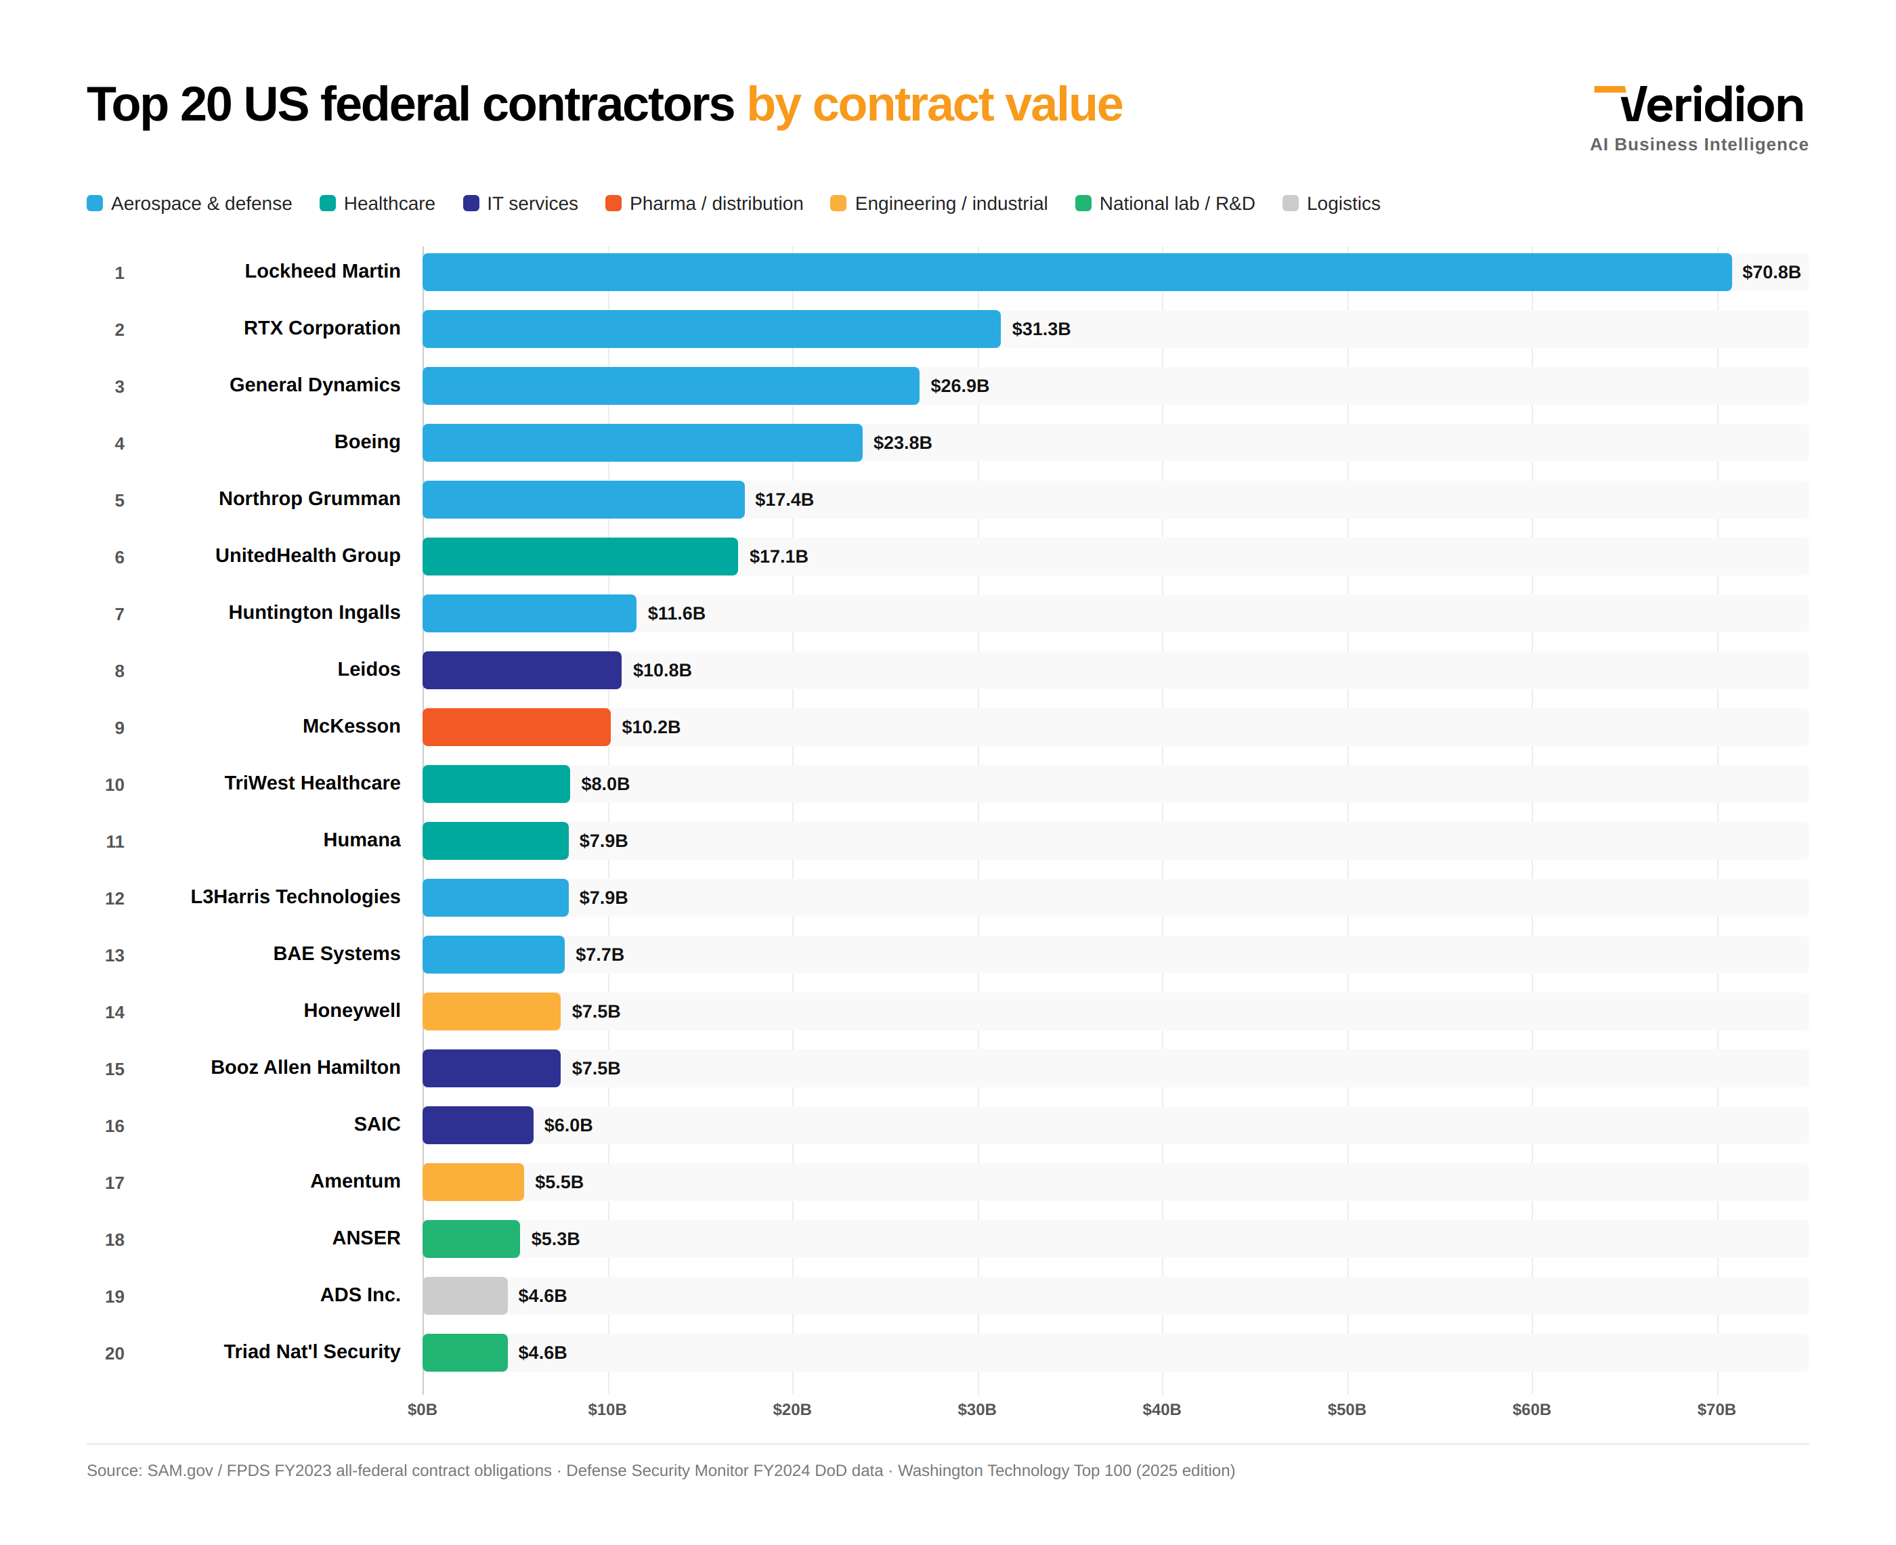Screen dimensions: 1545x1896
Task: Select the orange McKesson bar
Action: [x=515, y=727]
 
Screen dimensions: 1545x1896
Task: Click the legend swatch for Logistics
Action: [x=1290, y=204]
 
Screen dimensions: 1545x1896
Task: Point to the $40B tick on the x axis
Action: [x=1161, y=1409]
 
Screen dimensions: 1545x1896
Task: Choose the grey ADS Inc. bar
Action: [x=465, y=1296]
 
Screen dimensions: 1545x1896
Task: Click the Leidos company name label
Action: [x=368, y=670]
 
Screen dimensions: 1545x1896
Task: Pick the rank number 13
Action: [x=115, y=955]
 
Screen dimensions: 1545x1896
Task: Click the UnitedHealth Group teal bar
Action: [x=580, y=557]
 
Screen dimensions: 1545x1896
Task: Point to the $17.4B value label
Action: [x=783, y=499]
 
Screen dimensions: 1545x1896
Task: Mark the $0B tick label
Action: [x=422, y=1409]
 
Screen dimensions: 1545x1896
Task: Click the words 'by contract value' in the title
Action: [x=934, y=105]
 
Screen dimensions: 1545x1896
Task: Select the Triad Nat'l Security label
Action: [x=311, y=1352]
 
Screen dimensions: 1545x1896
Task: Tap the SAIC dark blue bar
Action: [x=477, y=1125]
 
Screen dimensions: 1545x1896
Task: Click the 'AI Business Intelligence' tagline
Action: [x=1698, y=144]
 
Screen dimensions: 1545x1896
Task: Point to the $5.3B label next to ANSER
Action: [x=555, y=1239]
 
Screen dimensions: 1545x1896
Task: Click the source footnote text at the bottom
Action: [x=660, y=1471]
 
